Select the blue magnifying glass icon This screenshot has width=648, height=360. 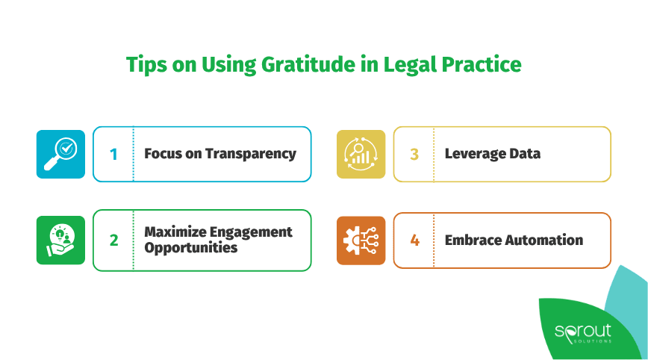[x=60, y=154]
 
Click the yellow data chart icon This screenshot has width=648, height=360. [x=361, y=154]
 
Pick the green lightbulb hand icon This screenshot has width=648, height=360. [x=60, y=240]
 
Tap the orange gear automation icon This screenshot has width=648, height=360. [x=361, y=240]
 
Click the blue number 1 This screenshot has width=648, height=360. [x=113, y=155]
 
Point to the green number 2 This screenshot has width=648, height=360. [x=113, y=240]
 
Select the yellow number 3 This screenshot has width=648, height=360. [x=414, y=155]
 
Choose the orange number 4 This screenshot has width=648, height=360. [x=414, y=240]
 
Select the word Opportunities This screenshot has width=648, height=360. [x=190, y=248]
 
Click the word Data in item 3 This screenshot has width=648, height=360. [x=527, y=154]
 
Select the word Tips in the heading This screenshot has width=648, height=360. [x=146, y=65]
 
